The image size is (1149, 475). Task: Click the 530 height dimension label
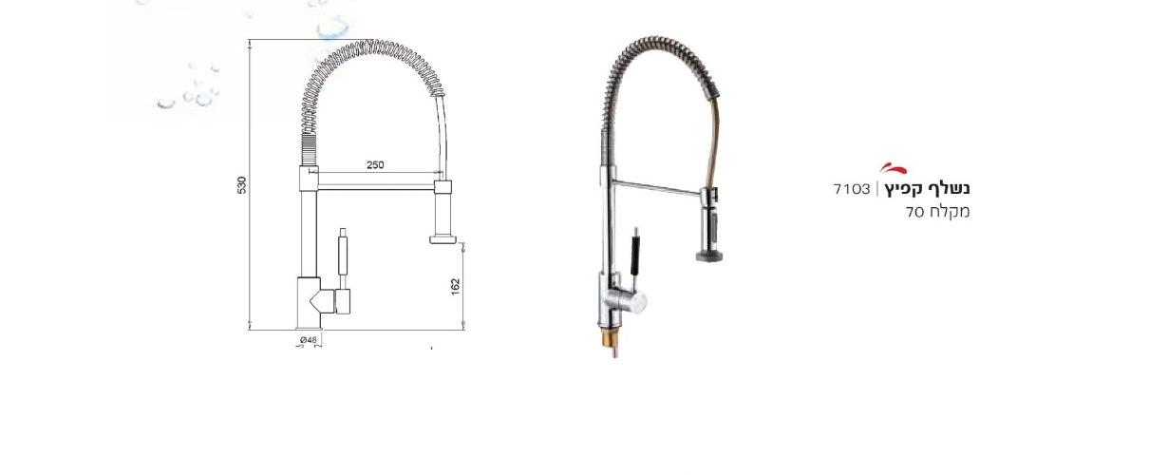point(242,185)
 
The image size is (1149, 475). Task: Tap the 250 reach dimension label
point(375,165)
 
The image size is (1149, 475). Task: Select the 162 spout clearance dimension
point(456,287)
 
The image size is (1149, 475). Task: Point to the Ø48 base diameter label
point(309,339)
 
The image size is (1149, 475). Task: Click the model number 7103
point(852,189)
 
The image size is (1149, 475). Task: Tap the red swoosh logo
point(893,168)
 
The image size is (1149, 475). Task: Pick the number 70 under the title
point(914,212)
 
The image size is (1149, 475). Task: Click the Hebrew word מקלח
point(949,212)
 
